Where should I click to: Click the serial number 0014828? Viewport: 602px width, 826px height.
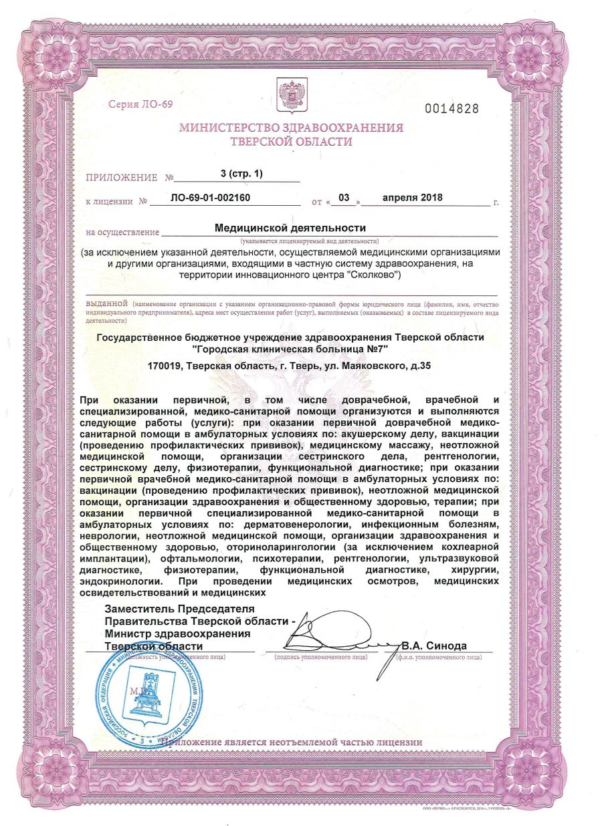pyautogui.click(x=452, y=109)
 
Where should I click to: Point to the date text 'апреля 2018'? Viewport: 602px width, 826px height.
pyautogui.click(x=412, y=198)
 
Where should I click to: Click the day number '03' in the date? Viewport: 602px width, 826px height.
pyautogui.click(x=344, y=198)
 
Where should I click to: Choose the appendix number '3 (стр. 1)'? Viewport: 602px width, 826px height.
pyautogui.click(x=241, y=174)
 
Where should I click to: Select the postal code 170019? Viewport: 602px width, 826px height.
pyautogui.click(x=165, y=366)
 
